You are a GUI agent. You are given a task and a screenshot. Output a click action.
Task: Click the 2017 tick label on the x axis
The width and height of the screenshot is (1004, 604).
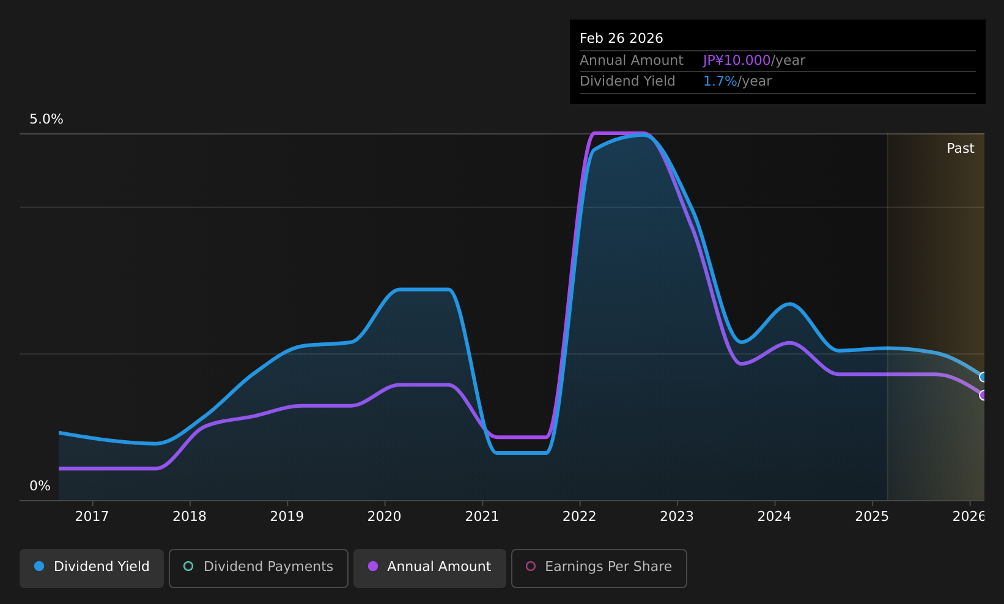[x=92, y=517]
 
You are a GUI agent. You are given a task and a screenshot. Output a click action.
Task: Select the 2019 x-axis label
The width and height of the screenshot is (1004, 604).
[x=287, y=517]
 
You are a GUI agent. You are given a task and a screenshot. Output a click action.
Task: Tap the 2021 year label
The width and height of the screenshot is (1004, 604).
[x=482, y=517]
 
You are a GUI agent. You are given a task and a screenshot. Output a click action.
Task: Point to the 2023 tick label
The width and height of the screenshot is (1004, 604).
[x=677, y=517]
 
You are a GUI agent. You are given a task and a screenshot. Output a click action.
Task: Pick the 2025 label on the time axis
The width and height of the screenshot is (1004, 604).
[x=872, y=517]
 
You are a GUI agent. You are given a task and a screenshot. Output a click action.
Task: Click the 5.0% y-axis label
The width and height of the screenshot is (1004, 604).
[x=46, y=119]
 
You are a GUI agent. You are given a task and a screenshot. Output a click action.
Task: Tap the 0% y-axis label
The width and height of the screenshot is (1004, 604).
[x=40, y=486]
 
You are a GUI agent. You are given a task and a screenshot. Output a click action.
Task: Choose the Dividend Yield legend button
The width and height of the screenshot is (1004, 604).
[x=92, y=568]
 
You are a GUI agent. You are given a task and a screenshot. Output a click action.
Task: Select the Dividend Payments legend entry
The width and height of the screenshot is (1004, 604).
[x=258, y=568]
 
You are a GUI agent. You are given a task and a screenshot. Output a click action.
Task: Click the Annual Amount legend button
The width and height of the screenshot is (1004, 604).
[x=429, y=568]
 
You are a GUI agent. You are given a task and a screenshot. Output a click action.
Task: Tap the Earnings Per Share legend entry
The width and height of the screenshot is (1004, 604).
[x=599, y=568]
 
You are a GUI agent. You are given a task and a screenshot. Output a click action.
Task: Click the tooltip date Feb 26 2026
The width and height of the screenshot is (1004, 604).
[x=621, y=39]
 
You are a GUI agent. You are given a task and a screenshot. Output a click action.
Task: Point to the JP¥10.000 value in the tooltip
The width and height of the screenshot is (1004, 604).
[x=736, y=61]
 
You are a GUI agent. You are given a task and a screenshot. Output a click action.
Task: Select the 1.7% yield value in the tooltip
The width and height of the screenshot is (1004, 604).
[x=720, y=81]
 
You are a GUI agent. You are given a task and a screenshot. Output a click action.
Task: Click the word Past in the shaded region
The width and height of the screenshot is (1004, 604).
[x=960, y=149]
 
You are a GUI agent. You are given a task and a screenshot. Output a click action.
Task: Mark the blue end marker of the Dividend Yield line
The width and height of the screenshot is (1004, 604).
[x=983, y=377]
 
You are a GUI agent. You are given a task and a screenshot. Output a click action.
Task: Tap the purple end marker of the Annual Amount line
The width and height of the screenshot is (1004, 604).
[x=983, y=395]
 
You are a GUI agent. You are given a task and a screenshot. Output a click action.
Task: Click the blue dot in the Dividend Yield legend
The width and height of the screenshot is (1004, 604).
[x=39, y=566]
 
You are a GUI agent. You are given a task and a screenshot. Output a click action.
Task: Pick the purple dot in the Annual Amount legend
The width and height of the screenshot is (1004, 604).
[x=372, y=566]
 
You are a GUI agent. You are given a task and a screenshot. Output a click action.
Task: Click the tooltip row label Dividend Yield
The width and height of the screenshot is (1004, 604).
[x=627, y=81]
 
